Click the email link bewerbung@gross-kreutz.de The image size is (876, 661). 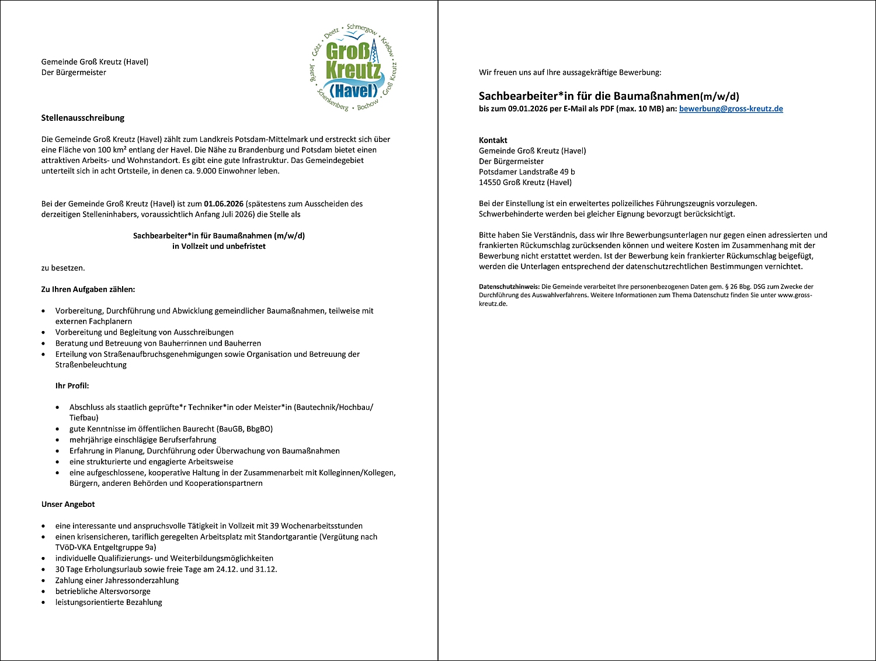(x=731, y=109)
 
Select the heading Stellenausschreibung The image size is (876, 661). (x=83, y=118)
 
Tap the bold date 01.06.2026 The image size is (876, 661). (x=224, y=204)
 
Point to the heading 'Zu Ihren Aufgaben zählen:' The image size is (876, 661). (x=88, y=290)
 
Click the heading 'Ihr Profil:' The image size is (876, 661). (x=72, y=386)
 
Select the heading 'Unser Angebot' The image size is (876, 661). (x=68, y=505)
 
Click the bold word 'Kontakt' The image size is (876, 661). (x=493, y=140)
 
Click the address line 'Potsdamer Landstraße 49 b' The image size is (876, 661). (x=527, y=172)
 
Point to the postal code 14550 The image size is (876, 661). (x=489, y=182)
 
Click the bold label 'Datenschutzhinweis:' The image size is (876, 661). (x=509, y=287)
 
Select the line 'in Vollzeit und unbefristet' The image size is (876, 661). (x=219, y=246)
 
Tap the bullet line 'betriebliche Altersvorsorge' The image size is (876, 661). (x=103, y=592)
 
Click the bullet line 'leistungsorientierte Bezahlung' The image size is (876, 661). (x=109, y=602)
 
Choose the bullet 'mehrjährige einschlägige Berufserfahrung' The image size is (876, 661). (x=142, y=440)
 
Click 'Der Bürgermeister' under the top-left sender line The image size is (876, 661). (x=74, y=72)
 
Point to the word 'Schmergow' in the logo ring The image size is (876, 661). (x=363, y=29)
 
